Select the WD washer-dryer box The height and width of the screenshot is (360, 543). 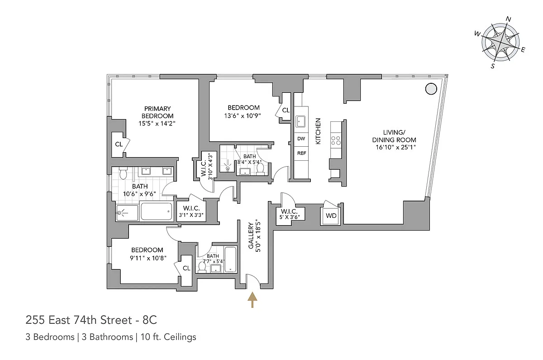[x=331, y=216]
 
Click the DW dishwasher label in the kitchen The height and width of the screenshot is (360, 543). [x=301, y=139]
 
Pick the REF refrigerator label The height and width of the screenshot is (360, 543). [x=301, y=154]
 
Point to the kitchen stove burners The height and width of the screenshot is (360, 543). [x=336, y=140]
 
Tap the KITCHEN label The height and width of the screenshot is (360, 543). [x=318, y=131]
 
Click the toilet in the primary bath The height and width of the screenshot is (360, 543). [x=123, y=173]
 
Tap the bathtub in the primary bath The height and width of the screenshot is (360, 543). [x=157, y=211]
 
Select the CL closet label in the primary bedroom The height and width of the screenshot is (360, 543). [x=119, y=144]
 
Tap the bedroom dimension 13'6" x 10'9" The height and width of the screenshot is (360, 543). [x=243, y=115]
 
